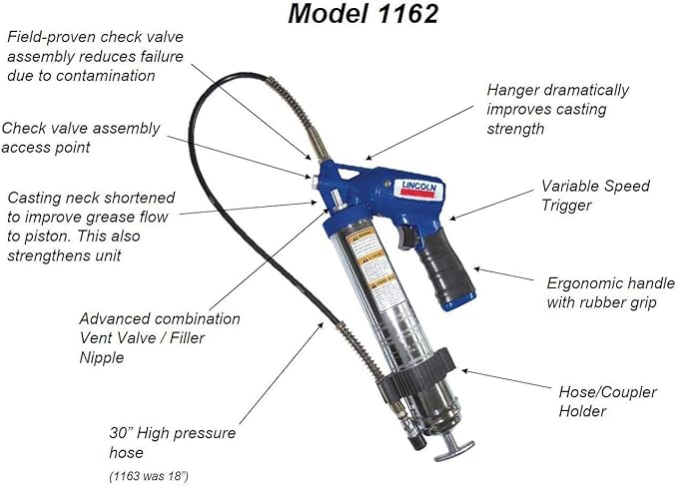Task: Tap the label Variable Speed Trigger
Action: (x=595, y=195)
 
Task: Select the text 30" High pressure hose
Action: (x=172, y=442)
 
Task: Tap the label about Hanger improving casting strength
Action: (x=557, y=109)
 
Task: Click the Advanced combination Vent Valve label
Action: (x=160, y=337)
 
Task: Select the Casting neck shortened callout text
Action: (x=90, y=226)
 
